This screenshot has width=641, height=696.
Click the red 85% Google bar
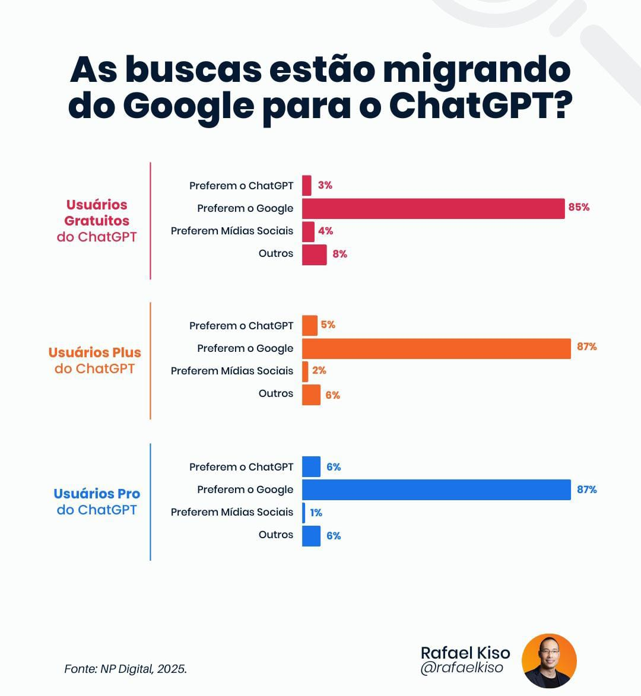click(433, 208)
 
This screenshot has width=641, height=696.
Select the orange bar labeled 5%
click(310, 326)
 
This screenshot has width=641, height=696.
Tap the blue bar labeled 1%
click(304, 513)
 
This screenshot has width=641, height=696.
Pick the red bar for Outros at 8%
click(314, 255)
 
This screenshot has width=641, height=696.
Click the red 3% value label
click(325, 185)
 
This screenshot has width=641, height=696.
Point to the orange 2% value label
click(319, 370)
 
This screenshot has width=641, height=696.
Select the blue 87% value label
click(586, 490)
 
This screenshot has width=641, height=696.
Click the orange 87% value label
click(586, 347)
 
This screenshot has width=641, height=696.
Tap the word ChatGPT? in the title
click(480, 106)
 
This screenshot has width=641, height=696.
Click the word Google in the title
click(189, 106)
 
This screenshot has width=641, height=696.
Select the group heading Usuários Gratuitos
click(97, 212)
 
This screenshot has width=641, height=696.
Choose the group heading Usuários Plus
click(95, 352)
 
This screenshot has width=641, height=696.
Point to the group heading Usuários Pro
click(97, 494)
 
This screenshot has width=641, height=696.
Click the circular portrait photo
click(549, 660)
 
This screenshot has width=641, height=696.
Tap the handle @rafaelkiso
click(461, 668)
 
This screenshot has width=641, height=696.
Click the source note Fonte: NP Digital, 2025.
click(125, 669)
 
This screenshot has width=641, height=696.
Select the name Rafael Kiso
click(465, 653)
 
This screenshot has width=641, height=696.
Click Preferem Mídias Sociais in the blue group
click(232, 512)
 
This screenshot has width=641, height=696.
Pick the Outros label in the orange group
click(276, 393)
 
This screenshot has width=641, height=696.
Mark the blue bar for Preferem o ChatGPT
click(311, 467)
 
